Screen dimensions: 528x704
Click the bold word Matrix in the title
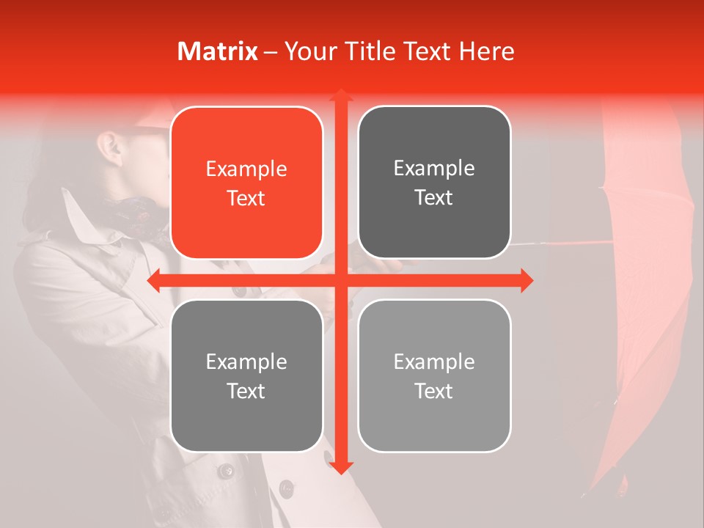coord(217,51)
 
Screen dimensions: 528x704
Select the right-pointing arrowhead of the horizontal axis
coord(527,281)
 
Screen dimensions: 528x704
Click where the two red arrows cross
coord(340,281)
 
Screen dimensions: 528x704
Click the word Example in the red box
coord(246,169)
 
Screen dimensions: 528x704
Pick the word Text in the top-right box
coord(434,198)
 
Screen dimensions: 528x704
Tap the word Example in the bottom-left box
coord(246,362)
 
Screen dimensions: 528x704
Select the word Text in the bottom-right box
coord(434,391)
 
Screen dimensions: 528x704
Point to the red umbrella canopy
coord(638,293)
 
